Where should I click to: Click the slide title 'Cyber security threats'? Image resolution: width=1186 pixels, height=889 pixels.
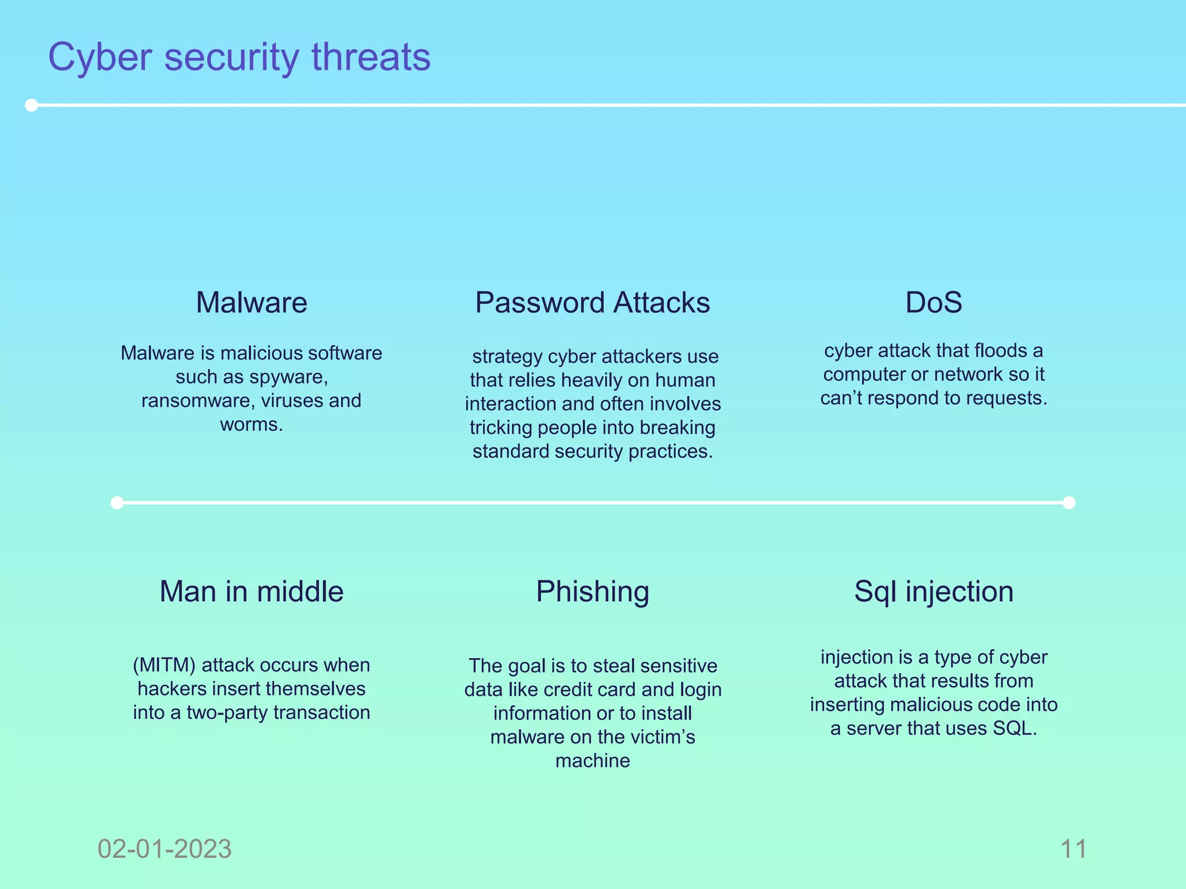pos(239,57)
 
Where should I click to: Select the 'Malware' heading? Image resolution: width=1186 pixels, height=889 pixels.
pos(251,302)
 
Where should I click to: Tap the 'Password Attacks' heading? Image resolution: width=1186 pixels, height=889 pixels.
pos(592,302)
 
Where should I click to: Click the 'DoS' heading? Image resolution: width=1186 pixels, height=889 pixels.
pos(934,302)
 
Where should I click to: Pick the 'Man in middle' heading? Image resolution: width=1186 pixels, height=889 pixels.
pos(251,592)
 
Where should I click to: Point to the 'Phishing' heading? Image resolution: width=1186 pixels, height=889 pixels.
pos(592,592)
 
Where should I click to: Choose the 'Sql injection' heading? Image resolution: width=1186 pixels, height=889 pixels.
pos(934,592)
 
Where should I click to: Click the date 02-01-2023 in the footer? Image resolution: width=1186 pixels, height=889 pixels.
pos(164,849)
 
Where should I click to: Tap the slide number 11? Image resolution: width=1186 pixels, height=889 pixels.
pos(1073,849)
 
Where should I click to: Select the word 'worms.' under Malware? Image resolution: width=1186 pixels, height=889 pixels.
pos(251,424)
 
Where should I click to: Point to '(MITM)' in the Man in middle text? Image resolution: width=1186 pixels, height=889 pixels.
pos(164,665)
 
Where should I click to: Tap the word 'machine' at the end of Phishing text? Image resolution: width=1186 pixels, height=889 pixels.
pos(592,761)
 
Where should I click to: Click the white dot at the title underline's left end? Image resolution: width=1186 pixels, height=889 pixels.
pos(32,105)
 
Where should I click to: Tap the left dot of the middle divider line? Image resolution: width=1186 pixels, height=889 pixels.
pos(117,502)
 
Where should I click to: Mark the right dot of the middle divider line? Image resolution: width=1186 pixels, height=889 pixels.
pos(1069,502)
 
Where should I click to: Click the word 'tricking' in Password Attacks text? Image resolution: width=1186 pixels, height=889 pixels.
pos(501,428)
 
